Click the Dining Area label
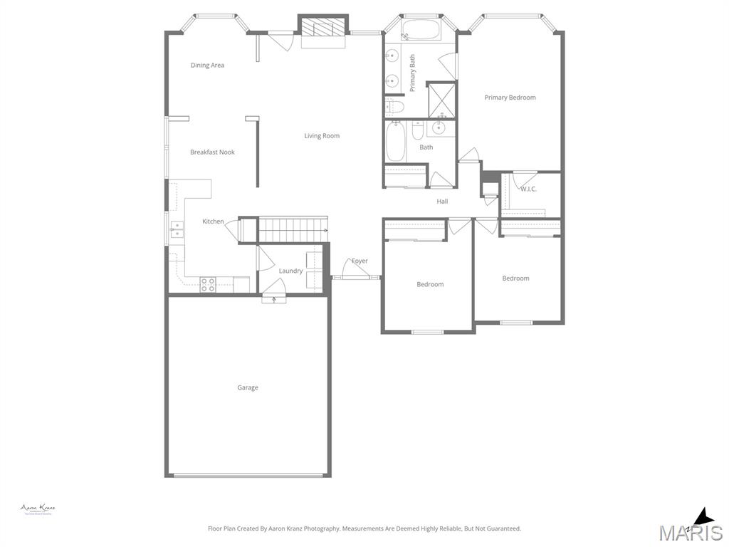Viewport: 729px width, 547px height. [x=207, y=66]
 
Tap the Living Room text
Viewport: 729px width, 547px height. [x=322, y=136]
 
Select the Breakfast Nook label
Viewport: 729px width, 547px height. [x=212, y=152]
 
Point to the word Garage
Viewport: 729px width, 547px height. [x=248, y=388]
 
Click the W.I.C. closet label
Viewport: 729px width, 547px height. [x=528, y=189]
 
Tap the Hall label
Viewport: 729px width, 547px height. [x=442, y=202]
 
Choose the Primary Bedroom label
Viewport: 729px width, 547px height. [x=510, y=98]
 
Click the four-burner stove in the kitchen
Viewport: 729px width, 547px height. [x=208, y=284]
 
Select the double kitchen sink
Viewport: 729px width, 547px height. [x=176, y=229]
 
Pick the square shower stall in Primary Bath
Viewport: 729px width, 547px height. [x=441, y=100]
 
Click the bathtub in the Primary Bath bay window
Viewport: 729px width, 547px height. [x=420, y=31]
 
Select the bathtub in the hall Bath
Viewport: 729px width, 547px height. [x=395, y=142]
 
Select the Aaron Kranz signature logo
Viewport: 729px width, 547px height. [x=38, y=509]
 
